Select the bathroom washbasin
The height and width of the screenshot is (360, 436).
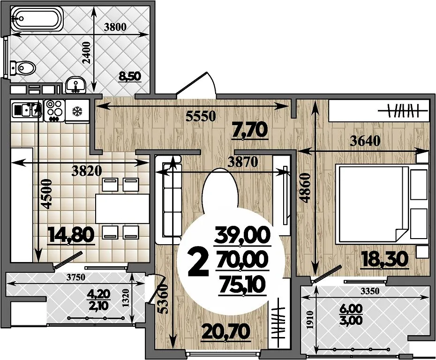coord(75,84)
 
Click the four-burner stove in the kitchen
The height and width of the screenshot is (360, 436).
coord(54,110)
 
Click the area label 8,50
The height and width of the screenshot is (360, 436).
coord(130,76)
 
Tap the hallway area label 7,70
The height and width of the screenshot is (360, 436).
coord(250,130)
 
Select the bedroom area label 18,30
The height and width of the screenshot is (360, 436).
coord(385,259)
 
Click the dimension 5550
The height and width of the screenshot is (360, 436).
coord(201,116)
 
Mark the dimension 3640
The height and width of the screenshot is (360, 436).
coord(365,141)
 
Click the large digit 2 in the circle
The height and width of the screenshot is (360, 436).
coord(198,262)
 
